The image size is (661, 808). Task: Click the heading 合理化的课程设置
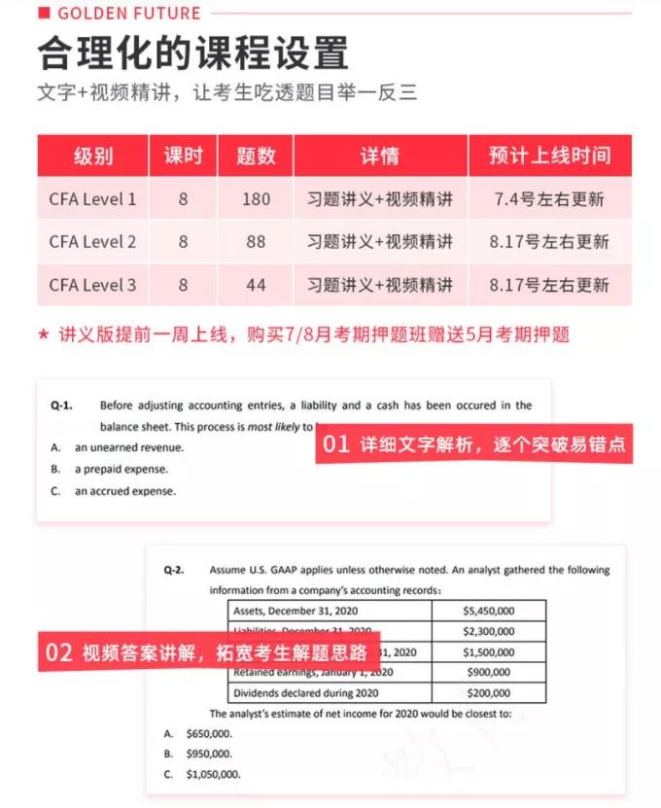pos(192,53)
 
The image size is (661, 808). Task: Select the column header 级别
pos(92,156)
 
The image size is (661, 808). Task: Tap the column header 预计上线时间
pos(549,156)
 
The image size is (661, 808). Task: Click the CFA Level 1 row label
pos(92,199)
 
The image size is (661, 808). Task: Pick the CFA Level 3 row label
pos(92,285)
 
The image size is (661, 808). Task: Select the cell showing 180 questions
pos(256,199)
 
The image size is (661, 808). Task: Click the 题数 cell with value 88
pos(256,242)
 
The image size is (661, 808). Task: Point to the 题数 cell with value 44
pos(256,285)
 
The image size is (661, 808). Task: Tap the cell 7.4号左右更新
pos(549,199)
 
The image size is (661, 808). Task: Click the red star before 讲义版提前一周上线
pos(43,335)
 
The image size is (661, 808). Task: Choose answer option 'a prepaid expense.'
pos(121,470)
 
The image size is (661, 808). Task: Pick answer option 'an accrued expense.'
pos(125,491)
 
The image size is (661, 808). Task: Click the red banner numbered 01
pos(473,445)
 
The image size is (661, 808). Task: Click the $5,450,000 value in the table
pos(488,611)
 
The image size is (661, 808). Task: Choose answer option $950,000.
pos(208,754)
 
